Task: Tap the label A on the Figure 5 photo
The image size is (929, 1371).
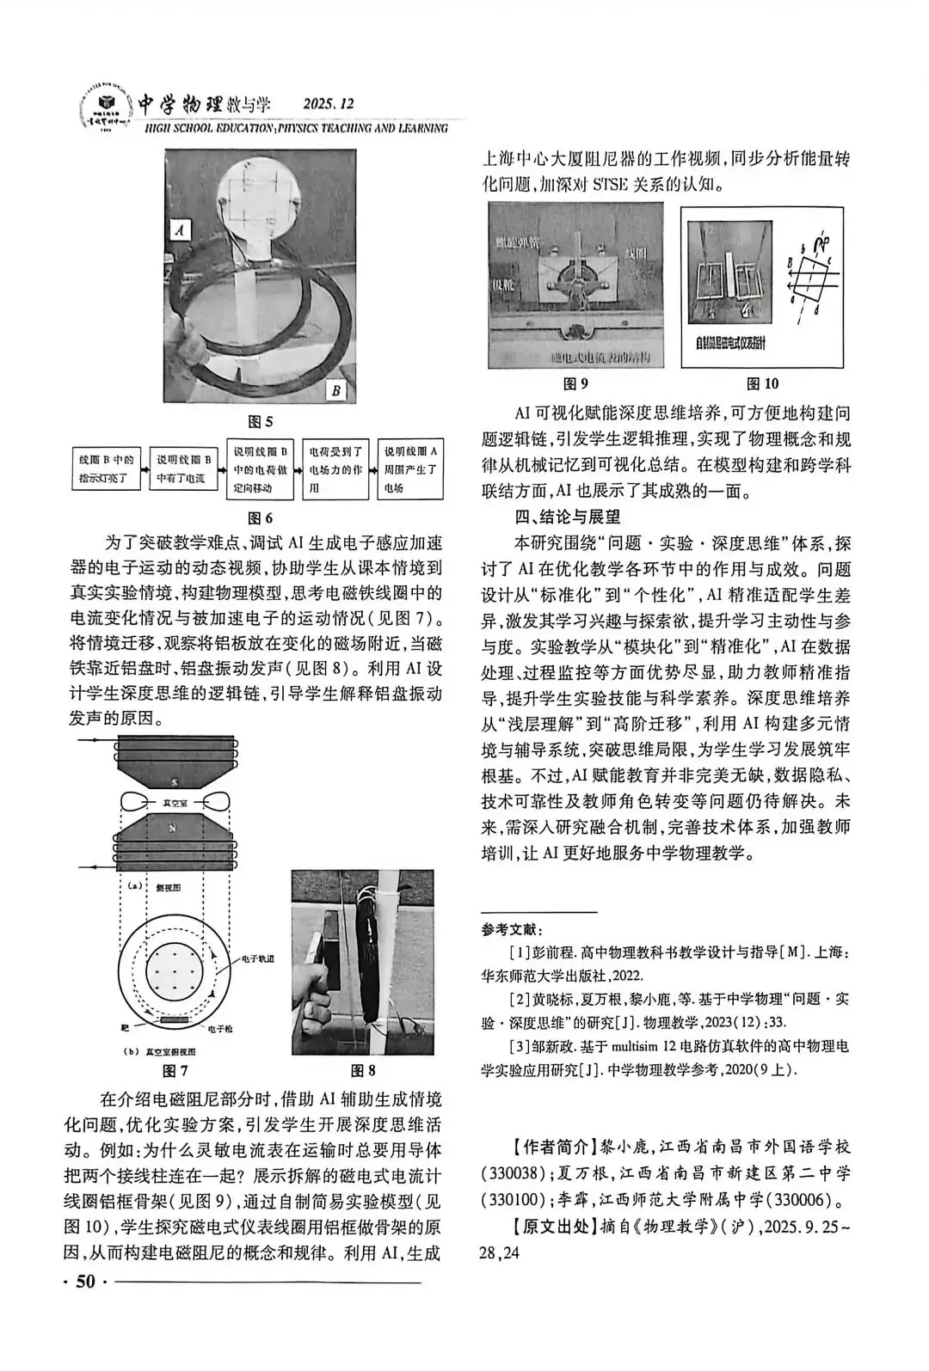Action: click(180, 230)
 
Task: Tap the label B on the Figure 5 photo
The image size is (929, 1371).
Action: click(337, 391)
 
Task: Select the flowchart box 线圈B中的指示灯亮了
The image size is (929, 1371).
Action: click(106, 470)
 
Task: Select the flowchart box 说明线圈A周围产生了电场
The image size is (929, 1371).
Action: click(411, 470)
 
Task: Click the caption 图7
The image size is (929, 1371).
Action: click(175, 1071)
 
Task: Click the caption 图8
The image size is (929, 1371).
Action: click(363, 1071)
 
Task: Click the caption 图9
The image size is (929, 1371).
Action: click(575, 383)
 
